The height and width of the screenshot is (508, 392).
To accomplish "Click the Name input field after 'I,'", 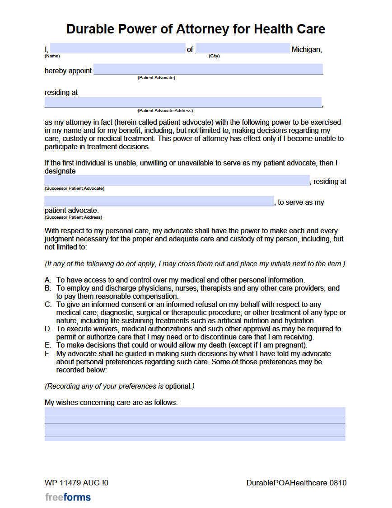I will click(x=117, y=48).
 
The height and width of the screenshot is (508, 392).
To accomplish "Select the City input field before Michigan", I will click(x=243, y=48).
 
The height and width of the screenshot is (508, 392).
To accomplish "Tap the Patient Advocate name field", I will click(x=208, y=69).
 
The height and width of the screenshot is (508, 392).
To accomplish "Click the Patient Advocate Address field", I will click(x=183, y=102).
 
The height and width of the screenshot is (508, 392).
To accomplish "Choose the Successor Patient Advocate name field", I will click(x=177, y=180).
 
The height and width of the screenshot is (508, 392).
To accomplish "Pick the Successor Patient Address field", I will click(x=159, y=201).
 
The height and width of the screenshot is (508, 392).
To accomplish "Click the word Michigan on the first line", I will click(x=307, y=49).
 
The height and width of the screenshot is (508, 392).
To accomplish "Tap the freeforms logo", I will click(x=68, y=497).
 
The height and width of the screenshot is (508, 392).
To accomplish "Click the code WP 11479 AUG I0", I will click(x=76, y=483).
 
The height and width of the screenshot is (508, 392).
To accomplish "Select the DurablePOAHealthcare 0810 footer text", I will click(x=296, y=483).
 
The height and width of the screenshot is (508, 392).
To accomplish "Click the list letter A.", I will click(x=47, y=280).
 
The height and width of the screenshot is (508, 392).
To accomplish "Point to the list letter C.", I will click(x=48, y=305).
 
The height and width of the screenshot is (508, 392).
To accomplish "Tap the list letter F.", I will click(x=47, y=353).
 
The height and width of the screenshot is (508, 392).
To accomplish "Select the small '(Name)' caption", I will click(x=52, y=56).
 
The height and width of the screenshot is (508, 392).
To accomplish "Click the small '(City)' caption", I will click(x=214, y=56).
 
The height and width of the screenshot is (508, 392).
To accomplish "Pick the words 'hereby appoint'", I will click(x=68, y=71).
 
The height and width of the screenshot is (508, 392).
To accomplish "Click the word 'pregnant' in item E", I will click(x=291, y=345).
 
